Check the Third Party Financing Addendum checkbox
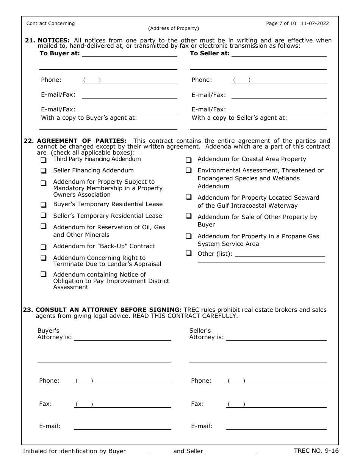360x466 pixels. point(44,160)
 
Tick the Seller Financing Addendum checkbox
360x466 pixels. point(44,171)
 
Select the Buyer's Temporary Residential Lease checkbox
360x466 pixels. point(44,205)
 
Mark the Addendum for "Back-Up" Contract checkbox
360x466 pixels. point(44,247)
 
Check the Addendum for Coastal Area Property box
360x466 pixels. point(188,160)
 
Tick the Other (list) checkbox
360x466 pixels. point(188,253)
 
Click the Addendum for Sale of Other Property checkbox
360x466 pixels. point(188,216)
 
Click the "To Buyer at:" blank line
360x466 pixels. point(129,54)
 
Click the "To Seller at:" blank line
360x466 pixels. point(279,54)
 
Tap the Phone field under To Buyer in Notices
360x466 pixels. point(129,80)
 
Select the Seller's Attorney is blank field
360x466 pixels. point(276,338)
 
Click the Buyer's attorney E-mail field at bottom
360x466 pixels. point(122,427)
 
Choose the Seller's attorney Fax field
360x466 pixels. point(276,404)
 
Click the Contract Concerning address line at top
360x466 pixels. point(170,23)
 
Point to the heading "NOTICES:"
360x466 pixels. point(53,41)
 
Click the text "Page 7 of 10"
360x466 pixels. point(281,23)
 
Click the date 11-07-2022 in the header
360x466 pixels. point(315,23)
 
